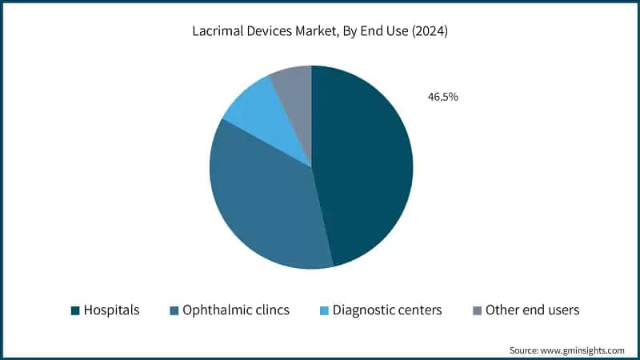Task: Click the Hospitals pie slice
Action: point(364,168)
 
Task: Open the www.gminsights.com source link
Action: point(585,350)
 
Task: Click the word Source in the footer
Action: point(526,350)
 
